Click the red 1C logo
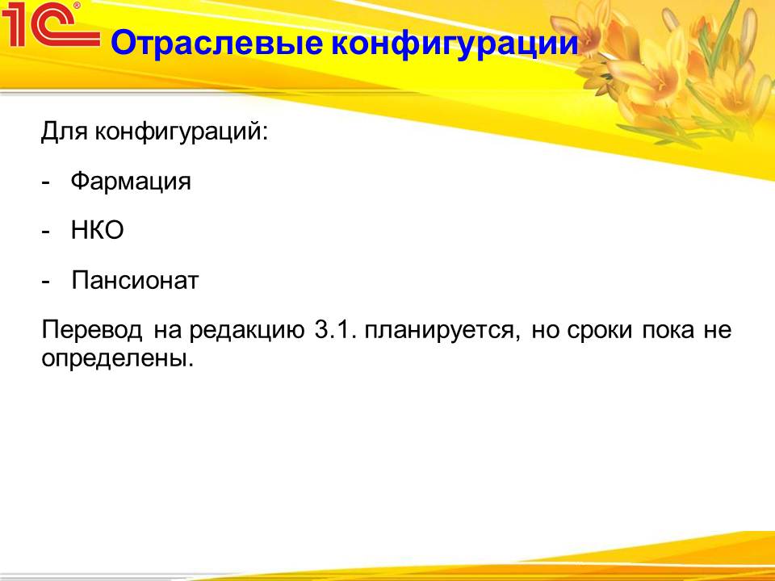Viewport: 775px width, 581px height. click(49, 25)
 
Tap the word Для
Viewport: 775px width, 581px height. click(65, 132)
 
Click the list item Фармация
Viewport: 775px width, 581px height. click(131, 182)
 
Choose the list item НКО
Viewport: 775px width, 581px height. click(97, 230)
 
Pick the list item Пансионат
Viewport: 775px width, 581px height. click(135, 281)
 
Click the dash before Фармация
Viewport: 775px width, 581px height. click(46, 183)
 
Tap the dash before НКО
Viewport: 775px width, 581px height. click(46, 232)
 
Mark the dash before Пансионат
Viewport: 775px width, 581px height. click(46, 282)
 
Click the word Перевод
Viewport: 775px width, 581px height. click(92, 330)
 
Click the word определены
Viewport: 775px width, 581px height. click(117, 358)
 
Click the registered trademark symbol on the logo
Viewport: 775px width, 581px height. click(77, 6)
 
